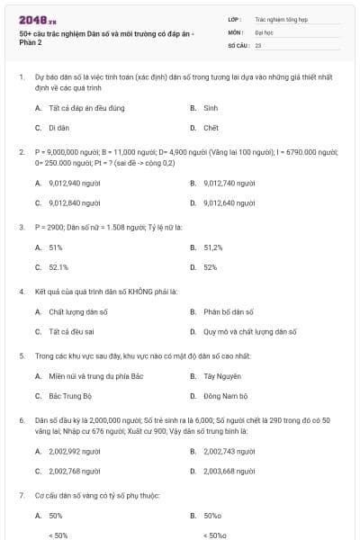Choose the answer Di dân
(59, 128)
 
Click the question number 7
(22, 495)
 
